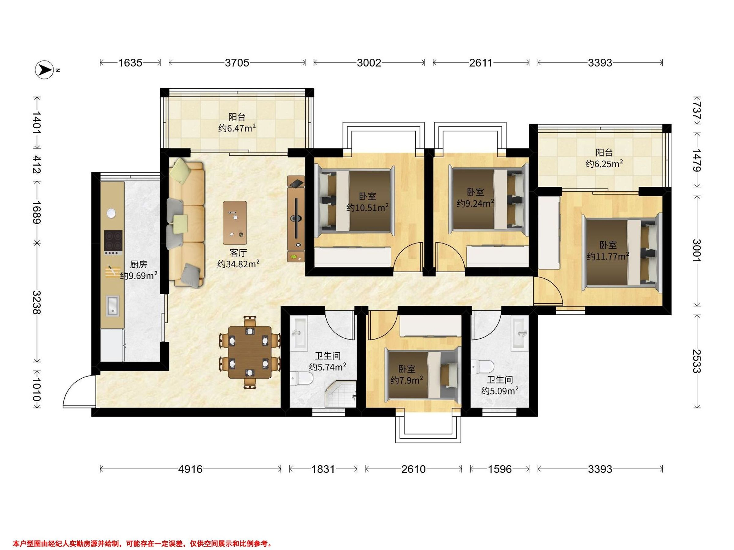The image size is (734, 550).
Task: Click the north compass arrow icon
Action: click(x=44, y=70)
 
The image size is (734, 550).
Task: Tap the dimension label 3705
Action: click(x=237, y=62)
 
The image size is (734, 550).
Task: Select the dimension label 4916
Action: click(x=190, y=469)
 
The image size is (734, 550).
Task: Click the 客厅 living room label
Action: click(x=238, y=253)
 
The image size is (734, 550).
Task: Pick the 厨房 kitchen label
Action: click(x=138, y=264)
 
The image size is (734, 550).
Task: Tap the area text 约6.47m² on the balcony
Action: click(x=237, y=128)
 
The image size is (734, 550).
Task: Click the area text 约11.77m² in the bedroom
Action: click(x=608, y=256)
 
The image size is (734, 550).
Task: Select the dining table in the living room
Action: click(x=250, y=352)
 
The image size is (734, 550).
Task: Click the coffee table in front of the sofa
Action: click(x=235, y=223)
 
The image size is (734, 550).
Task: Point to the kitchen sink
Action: click(x=113, y=305)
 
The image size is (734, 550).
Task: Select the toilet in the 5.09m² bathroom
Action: click(x=483, y=367)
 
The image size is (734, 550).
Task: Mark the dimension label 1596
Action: click(x=500, y=469)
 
